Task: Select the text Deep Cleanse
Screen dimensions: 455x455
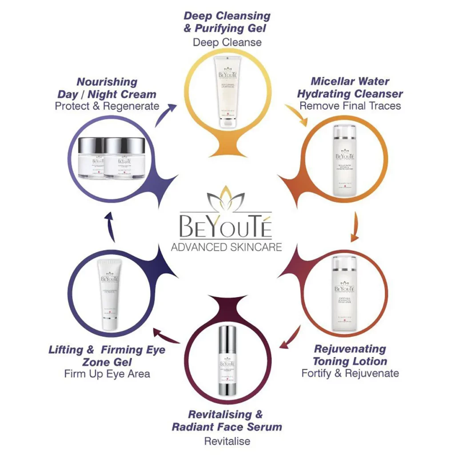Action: pyautogui.click(x=227, y=42)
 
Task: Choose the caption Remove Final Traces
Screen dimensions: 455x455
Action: pyautogui.click(x=350, y=106)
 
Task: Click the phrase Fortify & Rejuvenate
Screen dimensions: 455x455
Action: pyautogui.click(x=350, y=373)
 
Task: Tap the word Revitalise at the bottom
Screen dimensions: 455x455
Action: pyautogui.click(x=227, y=441)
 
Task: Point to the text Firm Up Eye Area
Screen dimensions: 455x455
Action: pyautogui.click(x=107, y=373)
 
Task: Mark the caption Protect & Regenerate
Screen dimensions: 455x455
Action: pyautogui.click(x=107, y=106)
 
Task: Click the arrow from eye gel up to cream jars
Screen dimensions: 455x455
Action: pyautogui.click(x=110, y=227)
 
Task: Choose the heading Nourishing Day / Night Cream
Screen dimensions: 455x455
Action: pyautogui.click(x=107, y=88)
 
